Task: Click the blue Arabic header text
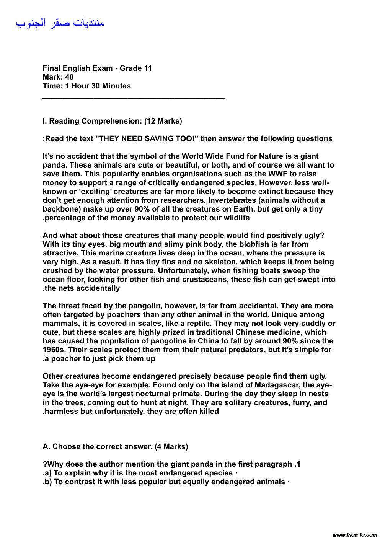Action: [x=60, y=23]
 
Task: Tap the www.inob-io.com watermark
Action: [x=355, y=534]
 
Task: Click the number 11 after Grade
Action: [x=147, y=68]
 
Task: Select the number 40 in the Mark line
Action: [x=69, y=77]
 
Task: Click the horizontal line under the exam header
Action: [x=134, y=99]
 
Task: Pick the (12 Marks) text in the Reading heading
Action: [x=163, y=121]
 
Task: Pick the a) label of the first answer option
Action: [x=48, y=473]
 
